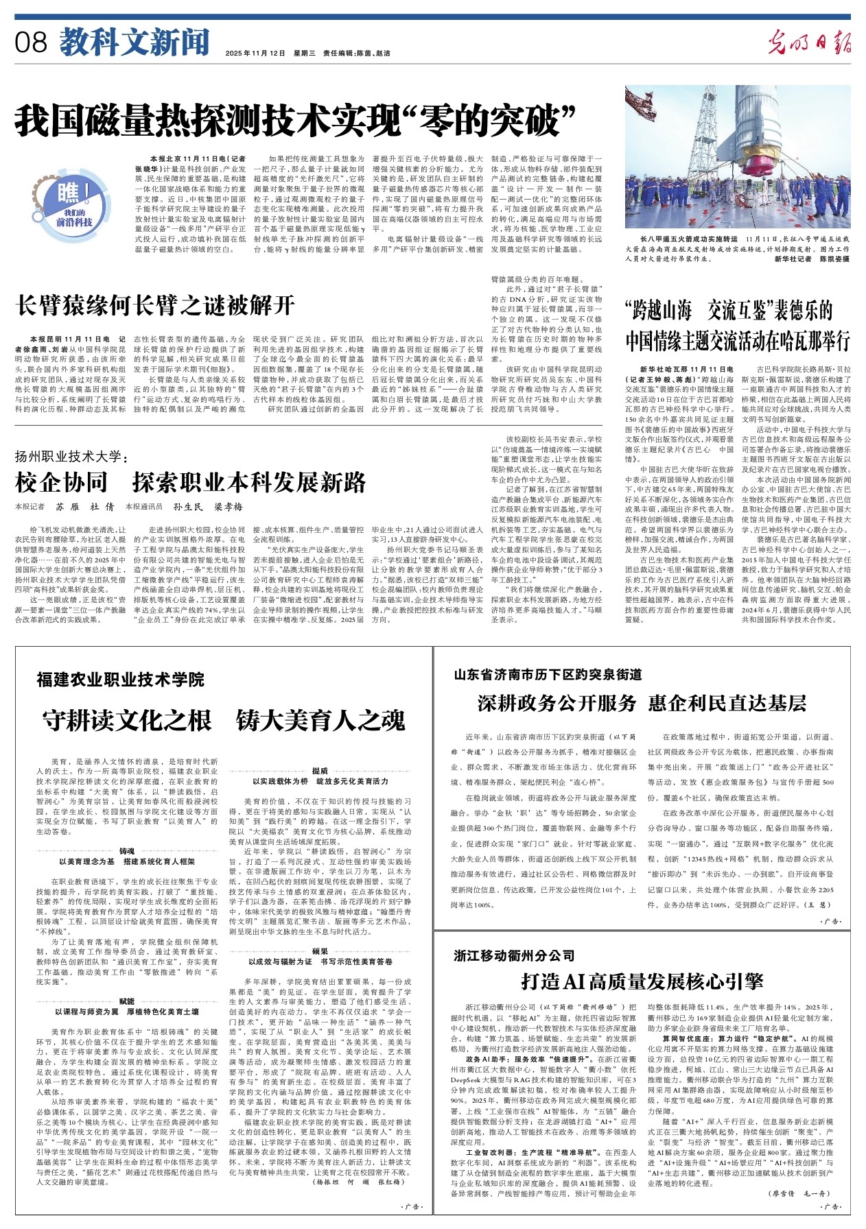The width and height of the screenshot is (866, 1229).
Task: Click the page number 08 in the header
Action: [x=32, y=43]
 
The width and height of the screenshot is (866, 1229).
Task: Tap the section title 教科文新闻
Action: [x=134, y=43]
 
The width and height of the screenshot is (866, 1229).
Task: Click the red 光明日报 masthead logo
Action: [x=809, y=43]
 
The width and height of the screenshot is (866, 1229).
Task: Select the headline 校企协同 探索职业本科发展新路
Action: [x=190, y=483]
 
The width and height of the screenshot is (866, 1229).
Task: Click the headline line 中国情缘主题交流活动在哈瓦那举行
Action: [x=738, y=341]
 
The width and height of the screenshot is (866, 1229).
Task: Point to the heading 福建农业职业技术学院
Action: [x=121, y=680]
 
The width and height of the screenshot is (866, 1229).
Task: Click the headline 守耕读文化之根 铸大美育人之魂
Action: [x=224, y=721]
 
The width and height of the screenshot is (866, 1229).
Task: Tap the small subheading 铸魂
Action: [x=127, y=851]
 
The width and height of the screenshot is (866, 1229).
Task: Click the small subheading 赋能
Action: [x=127, y=1002]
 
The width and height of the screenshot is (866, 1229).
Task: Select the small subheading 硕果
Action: [x=320, y=952]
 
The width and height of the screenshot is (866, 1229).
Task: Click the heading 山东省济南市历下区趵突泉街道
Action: [x=548, y=675]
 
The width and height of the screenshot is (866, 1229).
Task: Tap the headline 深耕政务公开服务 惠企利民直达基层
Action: [x=642, y=703]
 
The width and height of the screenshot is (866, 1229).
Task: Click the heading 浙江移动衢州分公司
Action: [x=514, y=955]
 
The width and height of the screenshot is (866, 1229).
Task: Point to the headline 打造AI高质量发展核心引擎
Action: [x=642, y=981]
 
